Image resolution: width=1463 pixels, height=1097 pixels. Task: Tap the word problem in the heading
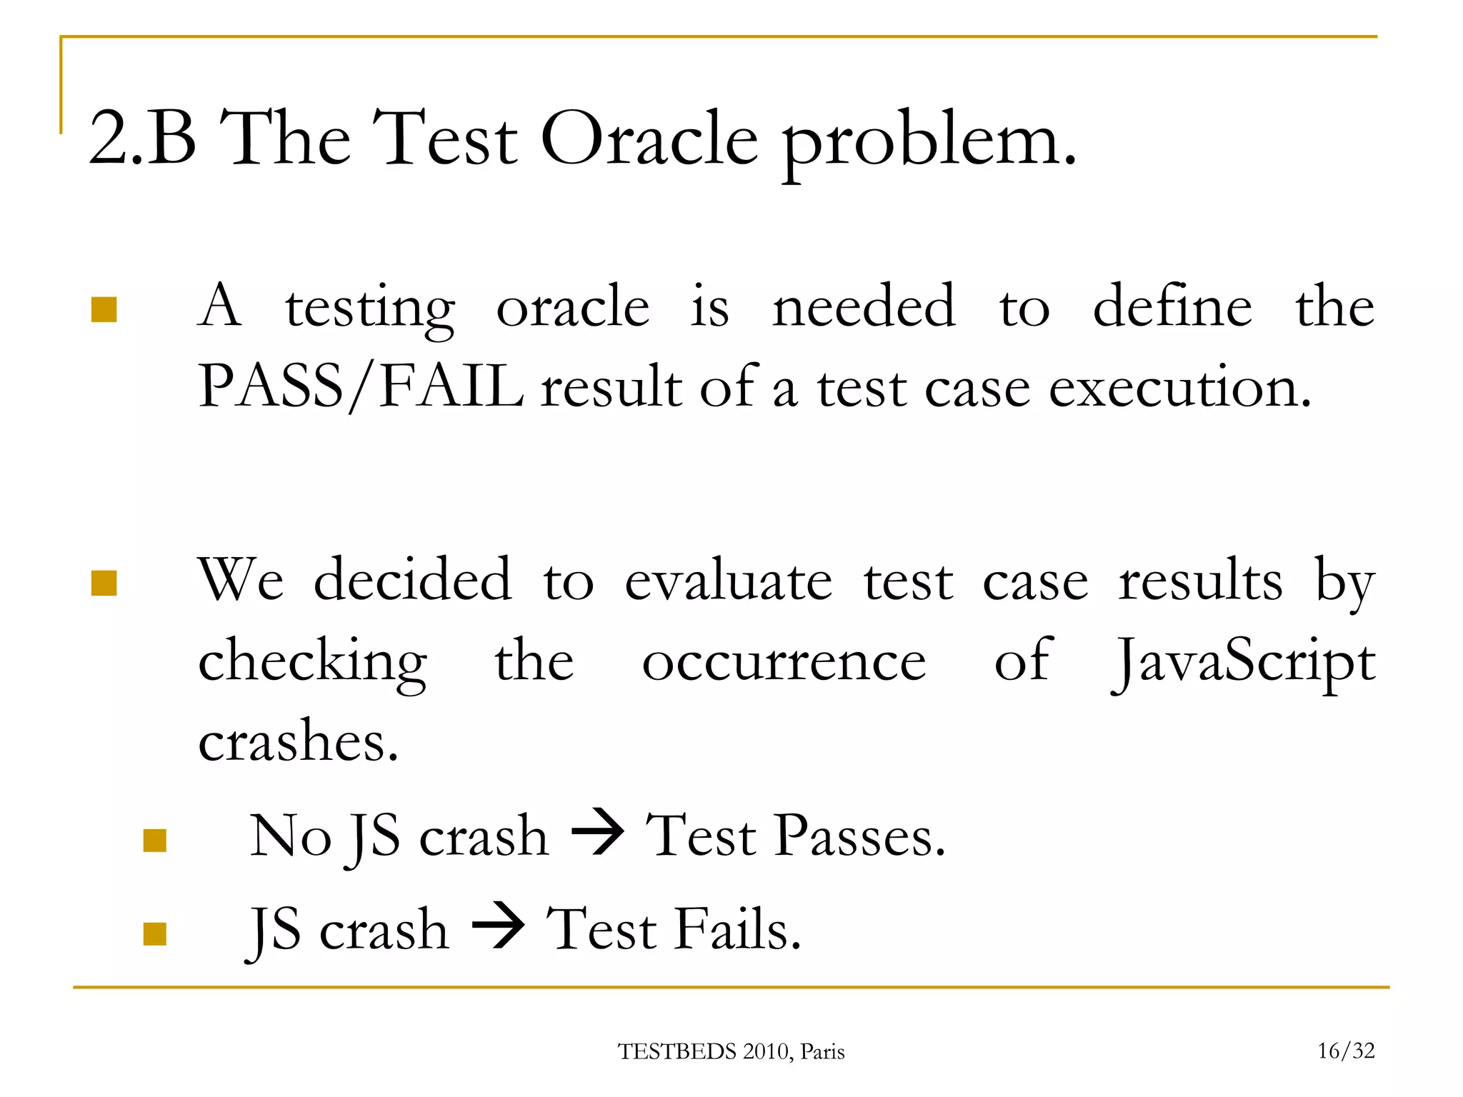coord(929,143)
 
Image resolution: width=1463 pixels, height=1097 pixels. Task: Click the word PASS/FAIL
coord(361,386)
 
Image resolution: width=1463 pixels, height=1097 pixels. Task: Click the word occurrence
coord(784,661)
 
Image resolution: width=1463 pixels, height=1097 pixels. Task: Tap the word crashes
coord(297,741)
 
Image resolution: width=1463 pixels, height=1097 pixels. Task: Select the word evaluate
coord(729,580)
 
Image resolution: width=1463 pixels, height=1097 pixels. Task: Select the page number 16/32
coord(1346,1051)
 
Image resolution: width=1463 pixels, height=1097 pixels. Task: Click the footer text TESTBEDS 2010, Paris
coord(731,1051)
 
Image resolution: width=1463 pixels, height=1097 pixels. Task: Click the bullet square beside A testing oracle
coord(104,310)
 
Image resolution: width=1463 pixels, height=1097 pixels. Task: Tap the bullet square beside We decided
coord(104,583)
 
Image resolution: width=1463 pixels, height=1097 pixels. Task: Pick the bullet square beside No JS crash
coord(155,841)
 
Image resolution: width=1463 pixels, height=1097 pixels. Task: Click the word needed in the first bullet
coord(864,306)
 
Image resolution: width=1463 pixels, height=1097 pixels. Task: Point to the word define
coord(1172,306)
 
